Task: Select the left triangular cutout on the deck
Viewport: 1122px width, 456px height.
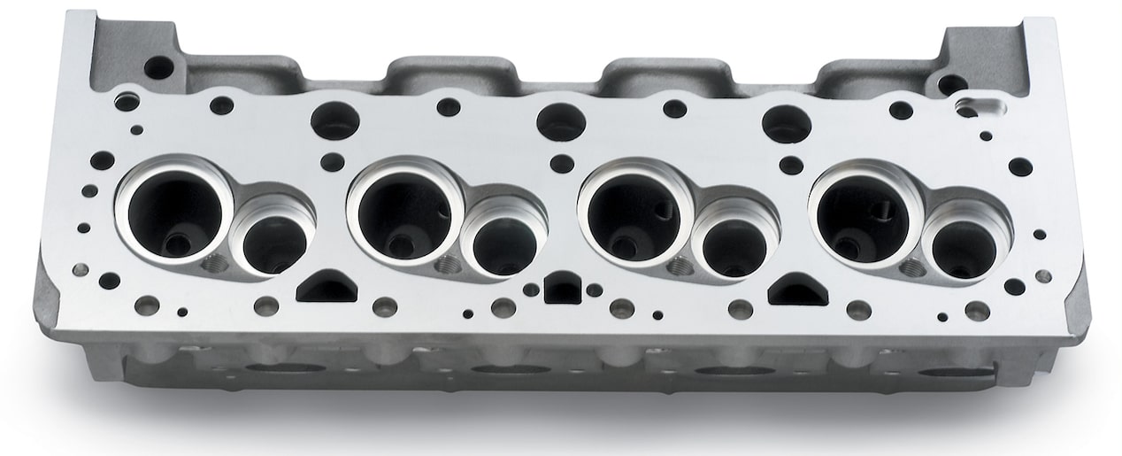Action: click(327, 288)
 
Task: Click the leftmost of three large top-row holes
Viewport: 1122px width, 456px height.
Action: click(334, 120)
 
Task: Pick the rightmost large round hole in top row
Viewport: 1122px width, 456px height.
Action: click(787, 123)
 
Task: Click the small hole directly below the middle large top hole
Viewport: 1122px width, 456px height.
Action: click(561, 163)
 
